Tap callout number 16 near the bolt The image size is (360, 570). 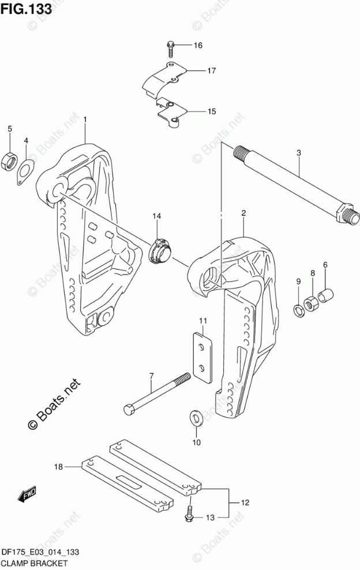[198, 45]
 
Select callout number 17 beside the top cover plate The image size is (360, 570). [196, 71]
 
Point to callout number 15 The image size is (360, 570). [196, 111]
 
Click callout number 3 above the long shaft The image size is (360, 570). [299, 153]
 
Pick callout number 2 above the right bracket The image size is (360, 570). [244, 213]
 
